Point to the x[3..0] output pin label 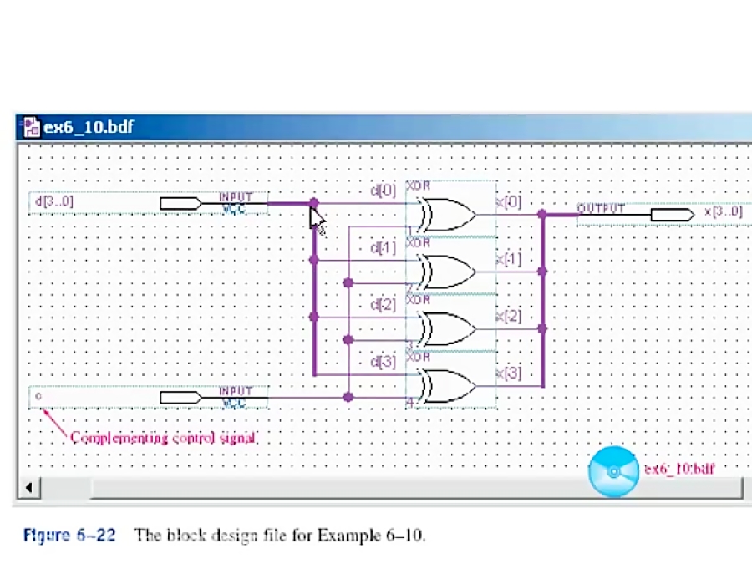(723, 212)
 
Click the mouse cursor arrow (318, 220)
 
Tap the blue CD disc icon (613, 472)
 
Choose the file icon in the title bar (31, 127)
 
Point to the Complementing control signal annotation (163, 437)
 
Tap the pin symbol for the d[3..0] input (180, 203)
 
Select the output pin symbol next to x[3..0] (672, 215)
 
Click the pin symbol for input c (180, 397)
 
